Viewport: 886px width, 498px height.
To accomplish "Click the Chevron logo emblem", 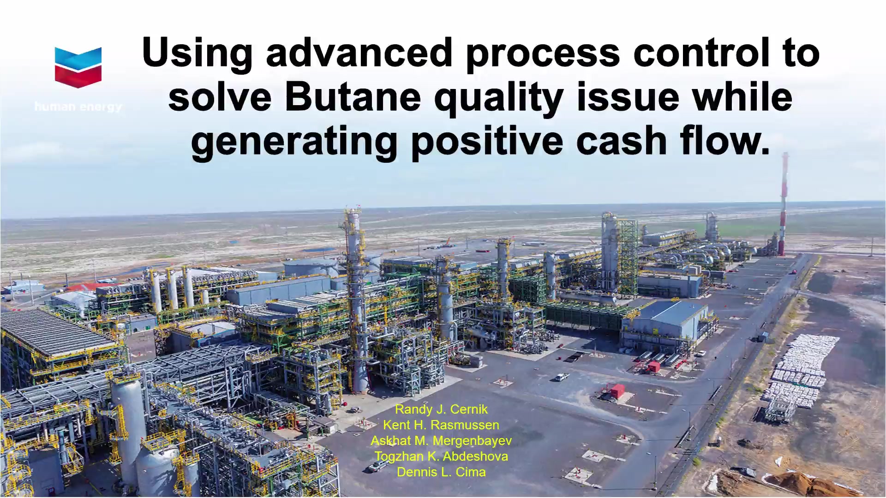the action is [x=78, y=67].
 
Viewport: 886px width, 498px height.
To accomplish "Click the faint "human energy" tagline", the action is [x=78, y=107].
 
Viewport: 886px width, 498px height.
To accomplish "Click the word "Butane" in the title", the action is [x=353, y=97].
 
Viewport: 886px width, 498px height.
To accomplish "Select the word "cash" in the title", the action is [x=622, y=141].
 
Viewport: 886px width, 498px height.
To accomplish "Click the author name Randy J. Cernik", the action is [x=441, y=409].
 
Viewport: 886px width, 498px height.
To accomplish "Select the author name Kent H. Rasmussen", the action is [x=441, y=425].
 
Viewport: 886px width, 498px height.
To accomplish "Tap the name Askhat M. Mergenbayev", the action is [x=441, y=441].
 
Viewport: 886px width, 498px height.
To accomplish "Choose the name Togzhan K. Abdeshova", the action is [x=441, y=456].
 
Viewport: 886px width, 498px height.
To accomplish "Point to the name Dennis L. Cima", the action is [x=441, y=472].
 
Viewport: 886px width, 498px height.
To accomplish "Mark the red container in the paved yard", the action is [x=617, y=391].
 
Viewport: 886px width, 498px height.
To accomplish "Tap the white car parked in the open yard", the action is [x=562, y=377].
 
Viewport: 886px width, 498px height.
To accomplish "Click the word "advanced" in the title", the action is [x=359, y=52].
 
